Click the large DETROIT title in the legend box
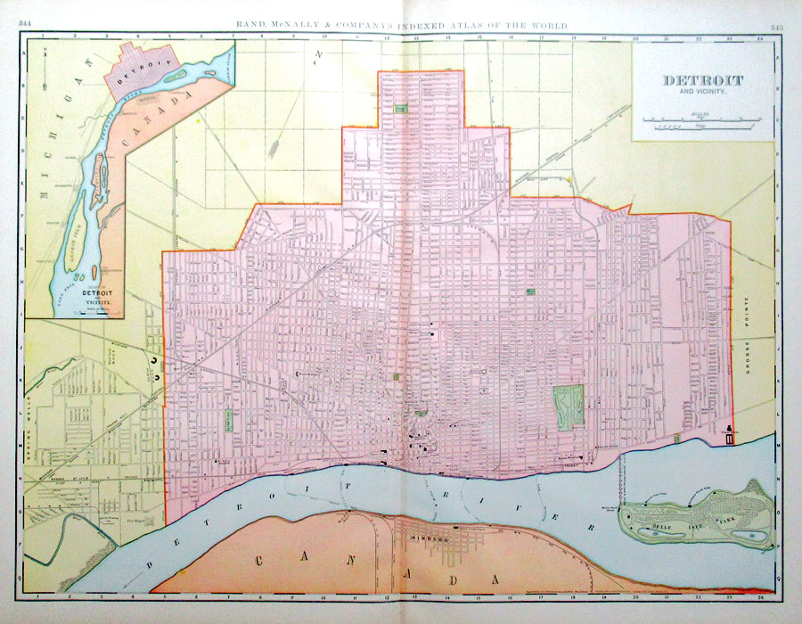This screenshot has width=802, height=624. (x=703, y=80)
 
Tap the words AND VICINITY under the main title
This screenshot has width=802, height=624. (x=703, y=92)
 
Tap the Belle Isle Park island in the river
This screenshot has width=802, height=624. (x=695, y=517)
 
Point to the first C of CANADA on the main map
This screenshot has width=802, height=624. (x=259, y=561)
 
